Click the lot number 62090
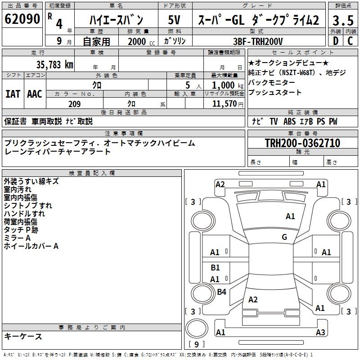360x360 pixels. coord(22,19)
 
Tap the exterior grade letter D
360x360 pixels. coord(335,40)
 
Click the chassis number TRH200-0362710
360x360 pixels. coord(302,143)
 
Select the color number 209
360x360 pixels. coord(74,104)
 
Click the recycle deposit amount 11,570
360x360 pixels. coord(224,104)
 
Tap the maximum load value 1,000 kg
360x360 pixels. coord(224,85)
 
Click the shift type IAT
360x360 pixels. coord(13,94)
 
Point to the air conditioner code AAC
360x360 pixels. coord(35,94)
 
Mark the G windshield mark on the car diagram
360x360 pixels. coord(284,237)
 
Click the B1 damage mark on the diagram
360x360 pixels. coord(215,268)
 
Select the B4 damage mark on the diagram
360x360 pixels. coord(221,292)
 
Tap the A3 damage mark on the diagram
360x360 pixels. coord(320,333)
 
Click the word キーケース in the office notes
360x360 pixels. coord(23,336)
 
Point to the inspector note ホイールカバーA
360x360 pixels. coord(31,246)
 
